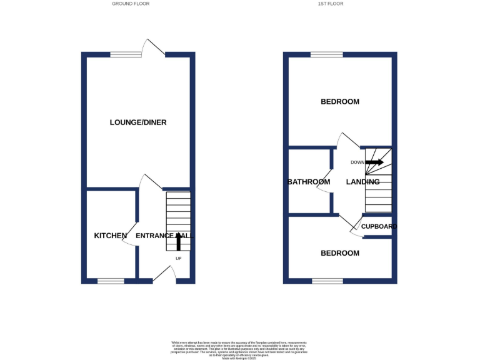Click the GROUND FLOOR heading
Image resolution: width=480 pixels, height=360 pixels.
(131, 4)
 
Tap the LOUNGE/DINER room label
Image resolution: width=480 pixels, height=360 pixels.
(138, 122)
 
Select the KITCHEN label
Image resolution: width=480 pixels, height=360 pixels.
(111, 236)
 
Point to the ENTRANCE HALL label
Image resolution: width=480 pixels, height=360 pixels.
(164, 236)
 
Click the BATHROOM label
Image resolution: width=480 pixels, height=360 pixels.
(308, 182)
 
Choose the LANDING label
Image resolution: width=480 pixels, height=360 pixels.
(362, 182)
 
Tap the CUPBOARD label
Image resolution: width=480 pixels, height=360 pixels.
(379, 226)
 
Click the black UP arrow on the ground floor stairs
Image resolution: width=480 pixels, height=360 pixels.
(179, 241)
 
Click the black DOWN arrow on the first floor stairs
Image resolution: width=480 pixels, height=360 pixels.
(374, 162)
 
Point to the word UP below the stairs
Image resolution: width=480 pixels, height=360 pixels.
(179, 258)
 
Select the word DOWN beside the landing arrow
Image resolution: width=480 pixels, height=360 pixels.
(357, 162)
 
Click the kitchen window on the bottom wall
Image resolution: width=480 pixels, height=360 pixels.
(111, 281)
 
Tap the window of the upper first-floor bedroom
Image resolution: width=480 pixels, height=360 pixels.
(327, 54)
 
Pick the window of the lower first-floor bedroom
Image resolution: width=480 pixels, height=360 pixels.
(327, 281)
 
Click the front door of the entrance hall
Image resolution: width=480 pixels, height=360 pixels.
(164, 275)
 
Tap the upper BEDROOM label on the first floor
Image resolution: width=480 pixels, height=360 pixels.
(340, 101)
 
